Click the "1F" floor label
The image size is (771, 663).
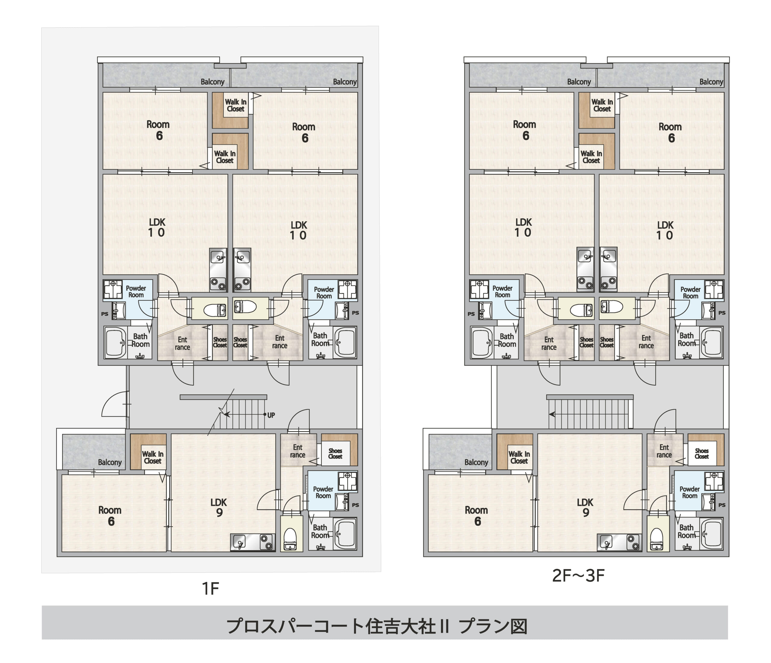(x=210, y=589)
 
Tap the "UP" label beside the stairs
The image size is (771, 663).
(x=271, y=415)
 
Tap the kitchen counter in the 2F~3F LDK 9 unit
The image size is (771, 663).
(x=619, y=542)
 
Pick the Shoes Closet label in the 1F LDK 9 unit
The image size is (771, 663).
(x=335, y=454)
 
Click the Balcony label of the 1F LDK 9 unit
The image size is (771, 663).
(x=110, y=462)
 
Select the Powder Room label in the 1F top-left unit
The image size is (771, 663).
(x=136, y=292)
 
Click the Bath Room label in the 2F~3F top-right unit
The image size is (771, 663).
(x=687, y=339)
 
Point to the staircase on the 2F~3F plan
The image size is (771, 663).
(x=590, y=414)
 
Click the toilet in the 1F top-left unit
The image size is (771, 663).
(x=215, y=309)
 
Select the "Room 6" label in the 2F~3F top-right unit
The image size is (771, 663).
(x=670, y=132)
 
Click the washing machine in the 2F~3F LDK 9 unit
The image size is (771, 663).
(x=714, y=481)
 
